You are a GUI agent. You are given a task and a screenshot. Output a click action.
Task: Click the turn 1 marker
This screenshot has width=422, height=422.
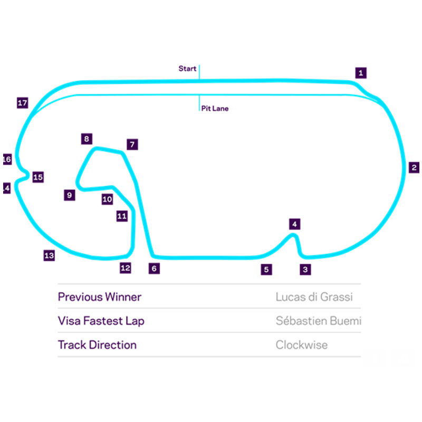tap(360, 73)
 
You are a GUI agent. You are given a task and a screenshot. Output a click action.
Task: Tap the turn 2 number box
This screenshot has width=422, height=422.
tap(414, 168)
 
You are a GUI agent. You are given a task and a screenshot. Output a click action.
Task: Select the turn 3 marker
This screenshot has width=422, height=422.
tap(305, 270)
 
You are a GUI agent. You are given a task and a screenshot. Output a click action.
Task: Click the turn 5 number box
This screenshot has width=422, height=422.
tap(266, 270)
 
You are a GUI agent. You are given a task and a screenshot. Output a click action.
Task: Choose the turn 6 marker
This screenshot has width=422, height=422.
tap(154, 268)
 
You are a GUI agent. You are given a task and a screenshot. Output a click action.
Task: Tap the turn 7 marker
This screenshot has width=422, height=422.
tap(132, 144)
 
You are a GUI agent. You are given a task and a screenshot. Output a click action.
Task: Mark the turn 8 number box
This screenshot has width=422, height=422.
tap(87, 139)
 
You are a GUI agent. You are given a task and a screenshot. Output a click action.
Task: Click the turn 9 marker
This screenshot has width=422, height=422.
tap(69, 195)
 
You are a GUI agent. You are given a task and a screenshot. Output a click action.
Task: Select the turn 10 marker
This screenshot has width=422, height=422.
tap(107, 199)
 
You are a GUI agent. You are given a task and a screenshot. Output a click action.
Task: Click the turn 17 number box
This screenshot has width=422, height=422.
tap(22, 103)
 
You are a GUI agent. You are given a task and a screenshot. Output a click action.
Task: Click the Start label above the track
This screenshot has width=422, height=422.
tap(187, 69)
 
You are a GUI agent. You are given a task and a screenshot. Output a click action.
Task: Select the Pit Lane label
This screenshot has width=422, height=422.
tap(215, 109)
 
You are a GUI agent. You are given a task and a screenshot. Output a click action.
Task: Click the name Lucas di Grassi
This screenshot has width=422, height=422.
tap(314, 297)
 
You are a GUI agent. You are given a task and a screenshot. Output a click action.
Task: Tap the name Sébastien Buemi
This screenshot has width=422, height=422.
tap(318, 321)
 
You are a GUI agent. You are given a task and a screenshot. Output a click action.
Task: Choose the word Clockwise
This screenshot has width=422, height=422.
tap(301, 345)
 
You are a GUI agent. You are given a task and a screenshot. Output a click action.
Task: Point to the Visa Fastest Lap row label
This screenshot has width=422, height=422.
tap(101, 321)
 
